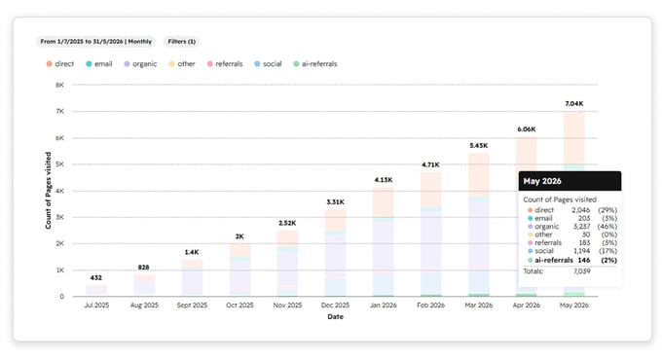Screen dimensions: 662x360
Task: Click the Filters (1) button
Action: pyautogui.click(x=181, y=42)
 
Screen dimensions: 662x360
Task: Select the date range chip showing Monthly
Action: pyautogui.click(x=95, y=42)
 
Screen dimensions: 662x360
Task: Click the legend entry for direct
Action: pyautogui.click(x=60, y=63)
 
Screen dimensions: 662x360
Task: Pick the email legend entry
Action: pyautogui.click(x=98, y=63)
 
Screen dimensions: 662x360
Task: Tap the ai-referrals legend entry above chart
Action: pyautogui.click(x=315, y=63)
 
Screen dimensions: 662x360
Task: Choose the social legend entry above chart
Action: pyautogui.click(x=268, y=63)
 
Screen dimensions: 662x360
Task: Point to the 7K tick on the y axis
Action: pyautogui.click(x=59, y=112)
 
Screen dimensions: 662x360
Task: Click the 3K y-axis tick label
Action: pyautogui.click(x=59, y=217)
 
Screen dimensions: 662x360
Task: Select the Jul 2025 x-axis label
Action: pyautogui.click(x=96, y=306)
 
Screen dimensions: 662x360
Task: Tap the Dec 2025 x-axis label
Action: pyautogui.click(x=335, y=306)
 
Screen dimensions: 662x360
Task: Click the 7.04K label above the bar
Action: pyautogui.click(x=574, y=103)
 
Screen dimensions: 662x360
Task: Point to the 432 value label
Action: pyautogui.click(x=95, y=277)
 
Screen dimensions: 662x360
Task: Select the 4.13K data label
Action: pyautogui.click(x=384, y=180)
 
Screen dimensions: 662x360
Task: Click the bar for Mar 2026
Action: pyautogui.click(x=479, y=225)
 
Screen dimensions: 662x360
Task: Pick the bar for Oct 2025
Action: pyautogui.click(x=239, y=270)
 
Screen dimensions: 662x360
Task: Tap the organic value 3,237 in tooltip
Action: pyautogui.click(x=581, y=226)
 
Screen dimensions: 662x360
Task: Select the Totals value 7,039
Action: pyautogui.click(x=582, y=270)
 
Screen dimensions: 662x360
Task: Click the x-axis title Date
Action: pyautogui.click(x=335, y=316)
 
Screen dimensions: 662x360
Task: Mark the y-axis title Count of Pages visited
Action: pyautogui.click(x=48, y=191)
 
